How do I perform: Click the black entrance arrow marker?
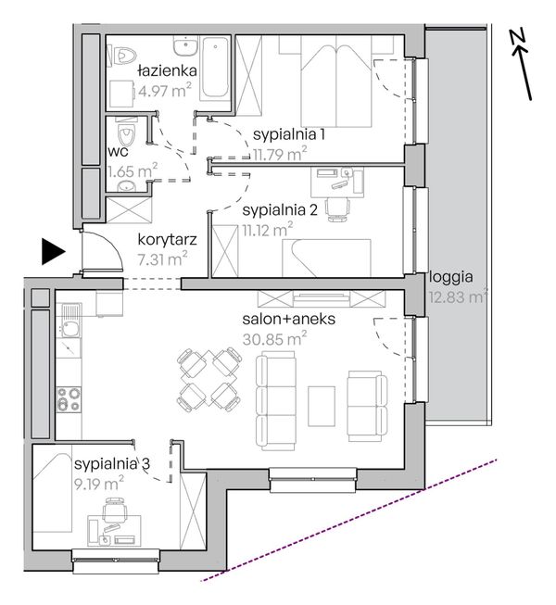pos(53,252)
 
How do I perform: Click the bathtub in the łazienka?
pos(215,68)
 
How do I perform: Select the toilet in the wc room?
pos(126,133)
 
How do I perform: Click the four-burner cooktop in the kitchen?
pos(69,399)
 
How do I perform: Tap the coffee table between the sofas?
pos(322,406)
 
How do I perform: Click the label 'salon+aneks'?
pos(288,319)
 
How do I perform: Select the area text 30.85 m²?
pos(274,339)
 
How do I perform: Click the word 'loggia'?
pos(451,277)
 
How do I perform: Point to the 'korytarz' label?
pos(167,240)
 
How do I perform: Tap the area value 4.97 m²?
pos(165,92)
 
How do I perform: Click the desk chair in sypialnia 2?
pos(337,208)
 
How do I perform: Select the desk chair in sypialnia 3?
pos(115,510)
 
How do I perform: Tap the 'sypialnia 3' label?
pos(112,464)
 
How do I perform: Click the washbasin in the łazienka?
pos(185,46)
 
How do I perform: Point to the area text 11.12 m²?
pos(268,231)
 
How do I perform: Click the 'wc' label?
pos(118,152)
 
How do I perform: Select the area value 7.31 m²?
pos(162,258)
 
